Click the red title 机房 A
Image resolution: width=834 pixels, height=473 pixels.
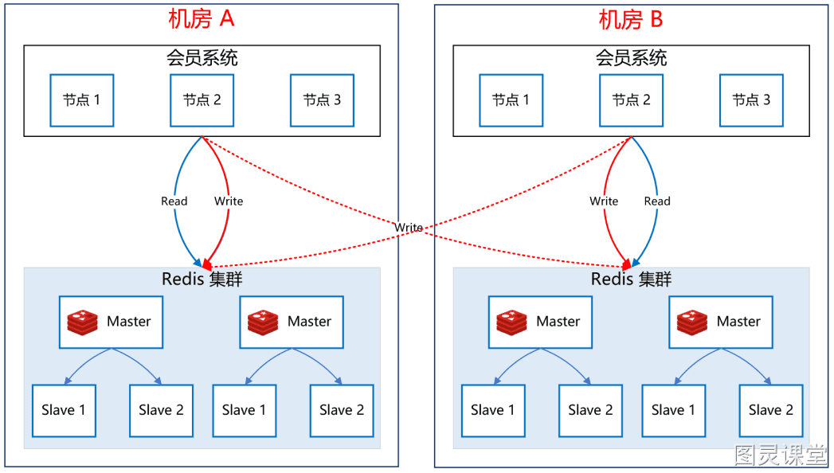pyautogui.click(x=201, y=19)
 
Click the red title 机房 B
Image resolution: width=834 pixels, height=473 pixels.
pyautogui.click(x=631, y=20)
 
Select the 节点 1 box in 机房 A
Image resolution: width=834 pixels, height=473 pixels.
pyautogui.click(x=82, y=100)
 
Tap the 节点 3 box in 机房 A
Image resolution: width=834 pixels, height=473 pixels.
pyautogui.click(x=323, y=100)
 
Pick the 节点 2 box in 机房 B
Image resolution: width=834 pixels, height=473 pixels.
pyautogui.click(x=632, y=100)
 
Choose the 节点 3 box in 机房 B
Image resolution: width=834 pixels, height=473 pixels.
pyautogui.click(x=752, y=100)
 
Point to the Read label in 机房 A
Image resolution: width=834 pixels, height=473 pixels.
pyautogui.click(x=174, y=201)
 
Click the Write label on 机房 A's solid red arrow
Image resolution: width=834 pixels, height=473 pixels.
pyautogui.click(x=229, y=201)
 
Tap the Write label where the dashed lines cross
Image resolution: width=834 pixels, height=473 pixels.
pyautogui.click(x=409, y=228)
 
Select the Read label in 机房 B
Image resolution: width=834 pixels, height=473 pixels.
pyautogui.click(x=657, y=201)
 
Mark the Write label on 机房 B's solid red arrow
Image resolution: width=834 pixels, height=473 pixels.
pyautogui.click(x=605, y=201)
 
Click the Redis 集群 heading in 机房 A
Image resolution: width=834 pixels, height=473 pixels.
pyautogui.click(x=202, y=279)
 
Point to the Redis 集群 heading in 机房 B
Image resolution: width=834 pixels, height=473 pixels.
pyautogui.click(x=632, y=279)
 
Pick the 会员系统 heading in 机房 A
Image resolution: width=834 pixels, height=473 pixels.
pyautogui.click(x=202, y=58)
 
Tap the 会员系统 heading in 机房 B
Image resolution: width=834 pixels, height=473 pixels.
pyautogui.click(x=632, y=58)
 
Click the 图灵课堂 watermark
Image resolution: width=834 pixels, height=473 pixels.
pyautogui.click(x=781, y=455)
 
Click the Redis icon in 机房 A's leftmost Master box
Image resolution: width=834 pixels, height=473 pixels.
pyautogui.click(x=82, y=322)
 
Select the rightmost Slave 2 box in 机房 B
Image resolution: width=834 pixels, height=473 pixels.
pyautogui.click(x=771, y=411)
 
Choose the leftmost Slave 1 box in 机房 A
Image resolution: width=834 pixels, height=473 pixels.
pyautogui.click(x=64, y=411)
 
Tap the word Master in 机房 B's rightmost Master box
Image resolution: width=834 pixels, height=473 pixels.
pyautogui.click(x=738, y=322)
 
